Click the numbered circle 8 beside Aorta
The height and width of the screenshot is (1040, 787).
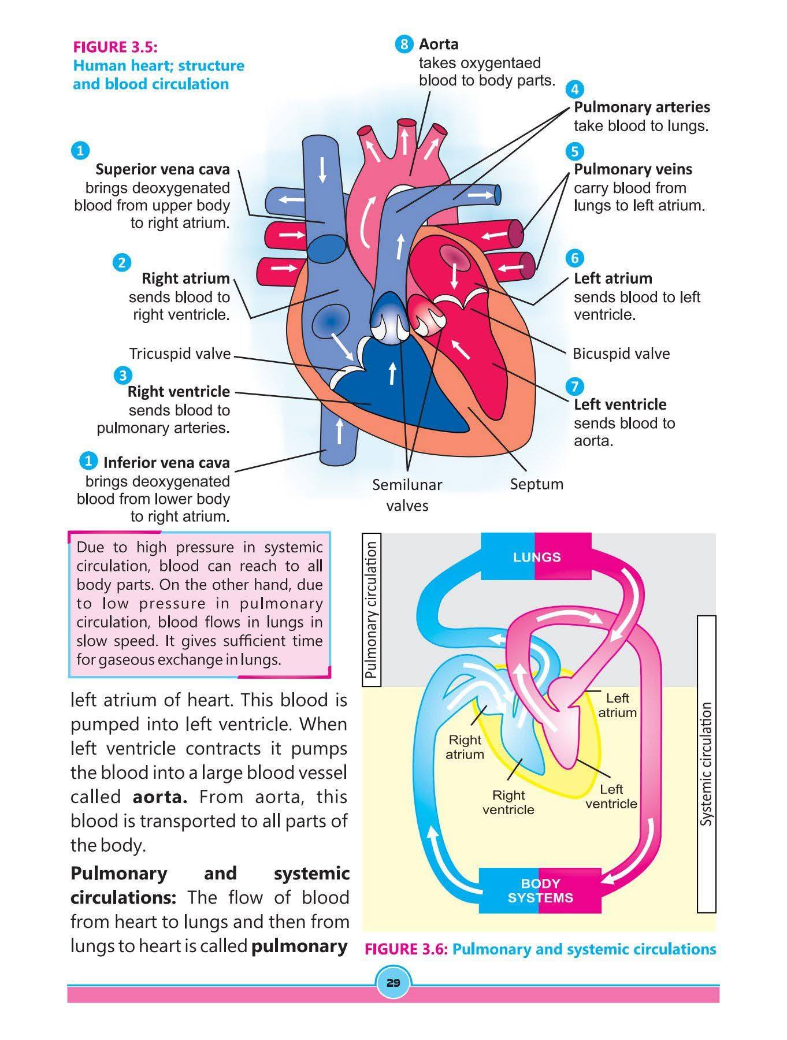tap(404, 44)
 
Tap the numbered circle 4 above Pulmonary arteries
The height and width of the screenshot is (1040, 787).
tap(574, 89)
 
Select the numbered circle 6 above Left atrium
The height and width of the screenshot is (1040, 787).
tap(574, 258)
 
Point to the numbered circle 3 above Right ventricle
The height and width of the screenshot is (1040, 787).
tap(122, 376)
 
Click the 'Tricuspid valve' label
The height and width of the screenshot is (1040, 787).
tap(180, 354)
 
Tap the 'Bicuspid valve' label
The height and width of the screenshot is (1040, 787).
tap(621, 354)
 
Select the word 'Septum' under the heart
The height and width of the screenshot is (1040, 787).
tap(536, 484)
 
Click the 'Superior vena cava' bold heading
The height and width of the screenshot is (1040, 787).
tap(162, 169)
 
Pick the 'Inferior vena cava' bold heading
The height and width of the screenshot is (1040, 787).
tap(166, 462)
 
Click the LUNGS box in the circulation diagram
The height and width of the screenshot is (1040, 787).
tap(537, 556)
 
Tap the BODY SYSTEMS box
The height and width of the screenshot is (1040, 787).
tap(540, 890)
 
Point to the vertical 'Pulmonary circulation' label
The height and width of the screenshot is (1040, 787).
tap(372, 609)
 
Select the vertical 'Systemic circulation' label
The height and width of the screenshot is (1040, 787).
tap(707, 764)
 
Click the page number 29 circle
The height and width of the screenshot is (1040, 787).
tap(394, 983)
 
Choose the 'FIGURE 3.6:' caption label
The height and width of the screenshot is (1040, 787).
tap(407, 949)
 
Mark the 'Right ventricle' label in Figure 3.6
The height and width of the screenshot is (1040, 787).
tap(508, 802)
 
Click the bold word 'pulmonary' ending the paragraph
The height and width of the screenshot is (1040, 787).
tap(300, 946)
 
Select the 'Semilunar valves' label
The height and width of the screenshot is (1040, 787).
tap(407, 495)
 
